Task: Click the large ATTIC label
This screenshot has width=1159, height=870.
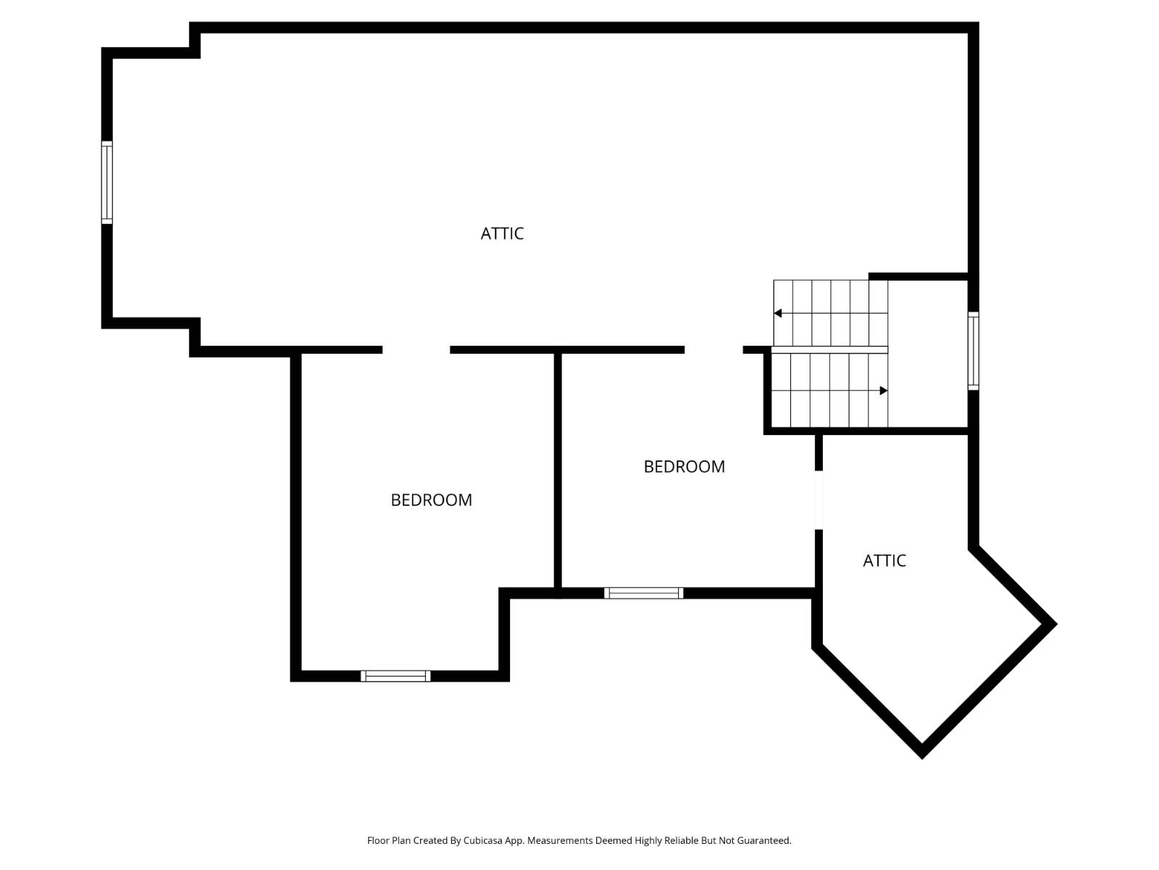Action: point(502,233)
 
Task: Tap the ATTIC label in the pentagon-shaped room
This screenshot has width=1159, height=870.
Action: point(884,560)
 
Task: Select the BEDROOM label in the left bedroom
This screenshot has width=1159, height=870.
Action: point(431,500)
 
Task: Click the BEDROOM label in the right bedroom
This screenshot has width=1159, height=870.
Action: point(684,467)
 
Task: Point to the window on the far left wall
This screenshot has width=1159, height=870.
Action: point(107,182)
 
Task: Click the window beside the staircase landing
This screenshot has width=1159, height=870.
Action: point(974,351)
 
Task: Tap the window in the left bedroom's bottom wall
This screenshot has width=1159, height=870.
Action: point(396,676)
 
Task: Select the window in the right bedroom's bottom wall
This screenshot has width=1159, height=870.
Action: point(643,593)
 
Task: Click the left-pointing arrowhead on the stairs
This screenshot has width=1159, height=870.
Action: point(778,313)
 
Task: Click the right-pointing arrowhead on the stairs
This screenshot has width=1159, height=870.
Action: point(883,391)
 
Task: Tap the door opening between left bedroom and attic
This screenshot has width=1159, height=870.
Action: point(416,350)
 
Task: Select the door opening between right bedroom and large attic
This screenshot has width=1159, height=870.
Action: point(714,350)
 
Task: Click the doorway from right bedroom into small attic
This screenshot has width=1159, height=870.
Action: point(819,500)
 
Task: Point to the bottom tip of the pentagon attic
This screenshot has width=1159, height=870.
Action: point(921,754)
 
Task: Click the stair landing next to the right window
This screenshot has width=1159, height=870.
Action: point(928,354)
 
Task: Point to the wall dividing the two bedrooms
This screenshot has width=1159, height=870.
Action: point(558,471)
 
